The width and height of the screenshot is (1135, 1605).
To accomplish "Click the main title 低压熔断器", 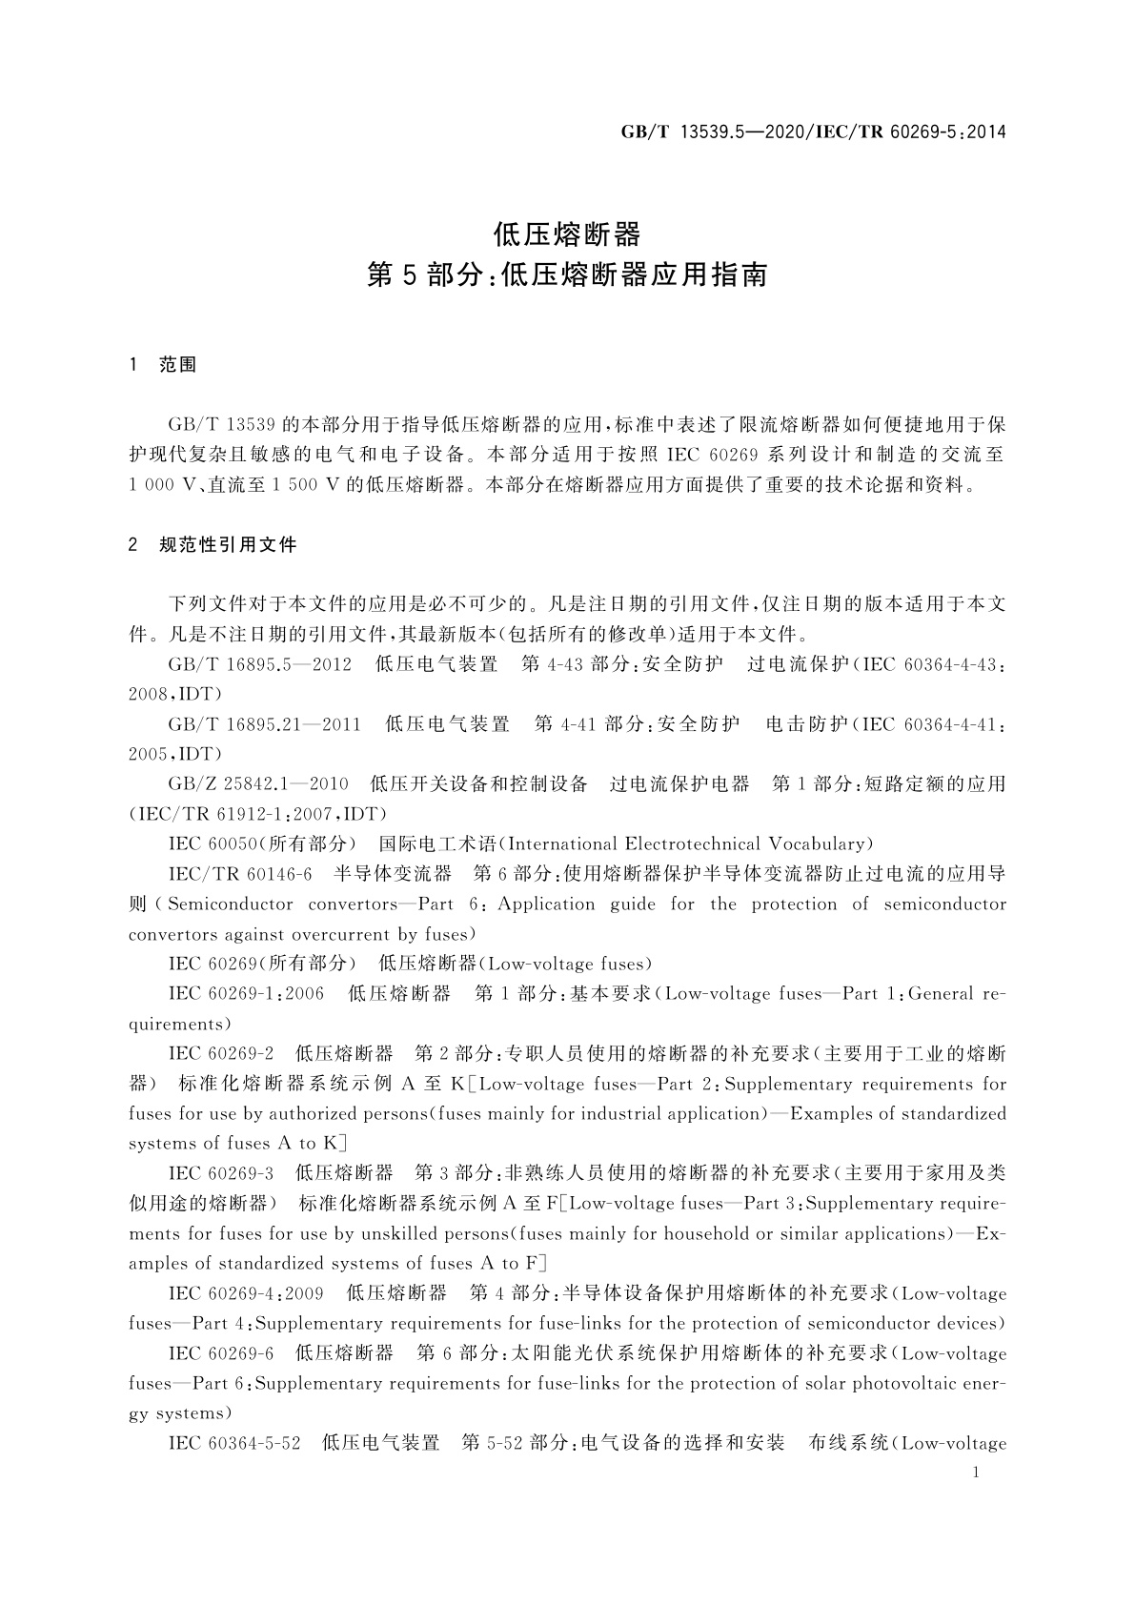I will point(567,234).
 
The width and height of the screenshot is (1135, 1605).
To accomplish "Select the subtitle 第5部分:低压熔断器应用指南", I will point(567,276).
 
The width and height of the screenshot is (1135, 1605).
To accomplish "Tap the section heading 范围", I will point(178,365).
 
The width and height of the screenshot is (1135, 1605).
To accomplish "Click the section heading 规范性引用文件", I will point(229,545).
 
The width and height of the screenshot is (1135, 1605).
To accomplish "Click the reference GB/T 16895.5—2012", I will point(260,664).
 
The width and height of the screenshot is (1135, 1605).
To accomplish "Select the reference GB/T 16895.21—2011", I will point(265,724).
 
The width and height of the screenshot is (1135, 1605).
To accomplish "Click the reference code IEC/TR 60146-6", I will point(240,874).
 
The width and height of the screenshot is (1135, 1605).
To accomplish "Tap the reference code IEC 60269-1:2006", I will point(246,994).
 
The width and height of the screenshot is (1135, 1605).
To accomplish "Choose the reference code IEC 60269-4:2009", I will point(246,1293).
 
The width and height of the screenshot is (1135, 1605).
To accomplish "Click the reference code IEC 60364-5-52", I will point(234,1443).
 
